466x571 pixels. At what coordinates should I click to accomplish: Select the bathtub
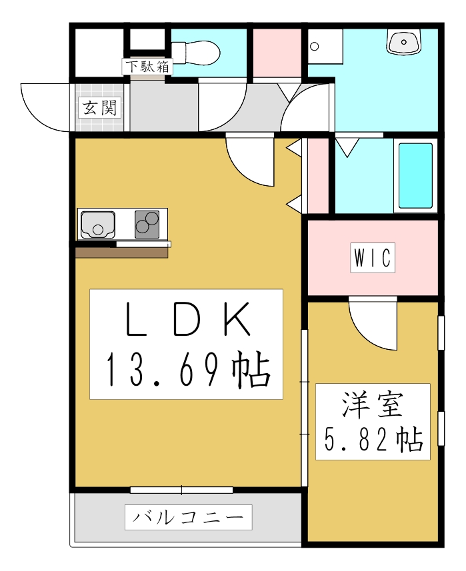click(415, 175)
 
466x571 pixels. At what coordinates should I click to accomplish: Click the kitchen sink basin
click(98, 225)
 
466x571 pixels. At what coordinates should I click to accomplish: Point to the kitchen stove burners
click(147, 224)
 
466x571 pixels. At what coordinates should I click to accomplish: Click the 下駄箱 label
click(147, 67)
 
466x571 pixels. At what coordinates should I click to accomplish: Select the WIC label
click(373, 258)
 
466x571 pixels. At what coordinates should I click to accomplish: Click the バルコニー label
click(188, 517)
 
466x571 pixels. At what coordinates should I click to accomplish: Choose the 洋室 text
click(373, 405)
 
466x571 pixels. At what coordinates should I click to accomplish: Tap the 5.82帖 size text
click(373, 439)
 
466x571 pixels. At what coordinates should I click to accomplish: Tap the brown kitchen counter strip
click(121, 253)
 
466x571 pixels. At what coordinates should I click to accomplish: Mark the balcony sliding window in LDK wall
click(181, 490)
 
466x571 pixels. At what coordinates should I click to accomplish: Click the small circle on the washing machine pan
click(315, 47)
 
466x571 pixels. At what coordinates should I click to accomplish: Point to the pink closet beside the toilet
click(277, 53)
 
